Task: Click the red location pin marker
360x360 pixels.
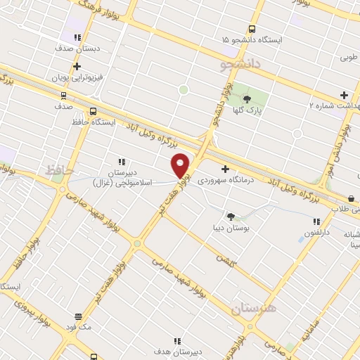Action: point(181,165)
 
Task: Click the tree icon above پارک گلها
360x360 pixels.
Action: point(247,98)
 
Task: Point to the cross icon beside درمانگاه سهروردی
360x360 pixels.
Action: point(225,169)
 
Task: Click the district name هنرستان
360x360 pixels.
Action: point(253,309)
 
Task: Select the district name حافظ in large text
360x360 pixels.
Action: point(54,169)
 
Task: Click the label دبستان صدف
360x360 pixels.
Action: point(77,49)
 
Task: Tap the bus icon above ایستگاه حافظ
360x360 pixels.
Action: point(93,111)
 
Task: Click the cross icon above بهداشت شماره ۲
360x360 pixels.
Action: point(344,95)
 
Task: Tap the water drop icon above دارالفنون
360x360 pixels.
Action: point(302,240)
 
